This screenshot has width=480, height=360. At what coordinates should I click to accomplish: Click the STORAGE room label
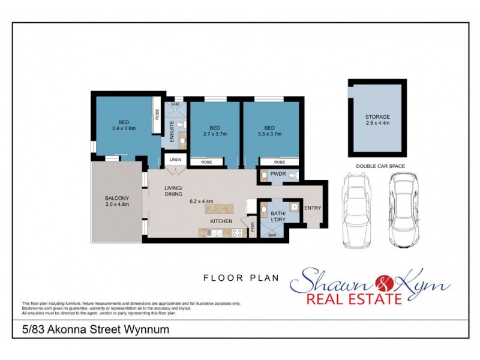(x=377, y=116)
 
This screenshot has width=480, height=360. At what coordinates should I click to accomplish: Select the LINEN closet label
(x=175, y=160)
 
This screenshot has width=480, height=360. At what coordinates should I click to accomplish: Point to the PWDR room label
(x=277, y=174)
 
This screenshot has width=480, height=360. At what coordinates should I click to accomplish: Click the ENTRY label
(x=313, y=208)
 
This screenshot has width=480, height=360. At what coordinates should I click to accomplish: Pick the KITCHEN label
(x=221, y=221)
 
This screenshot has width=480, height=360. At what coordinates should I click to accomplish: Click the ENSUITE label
(x=172, y=130)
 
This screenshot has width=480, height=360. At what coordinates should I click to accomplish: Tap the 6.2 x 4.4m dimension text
(x=202, y=201)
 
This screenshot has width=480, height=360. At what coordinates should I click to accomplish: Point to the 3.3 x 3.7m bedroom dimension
(x=269, y=134)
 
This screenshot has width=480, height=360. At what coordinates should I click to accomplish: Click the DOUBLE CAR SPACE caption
(x=380, y=166)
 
